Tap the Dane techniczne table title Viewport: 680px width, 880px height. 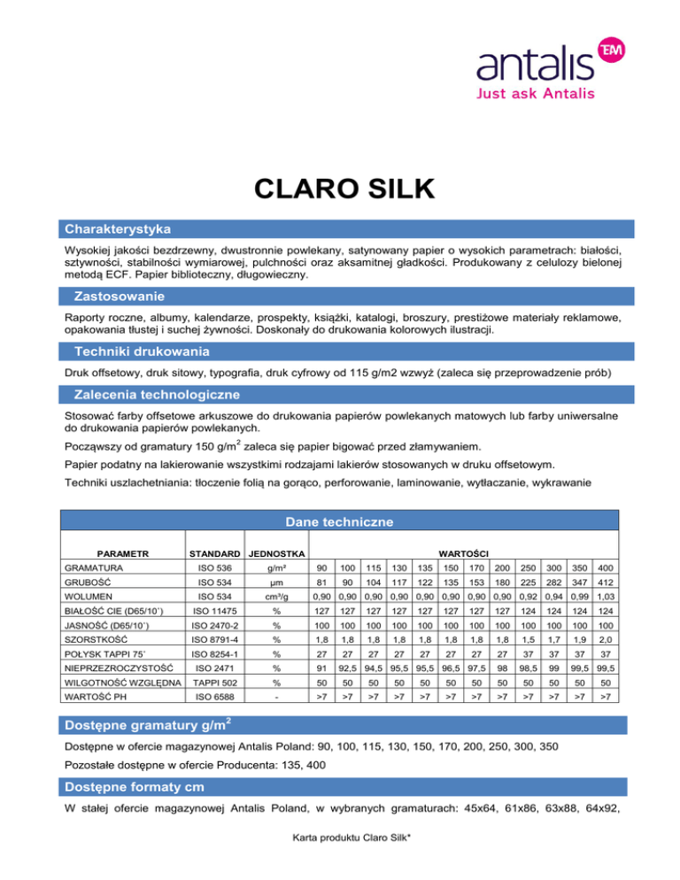(x=340, y=522)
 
